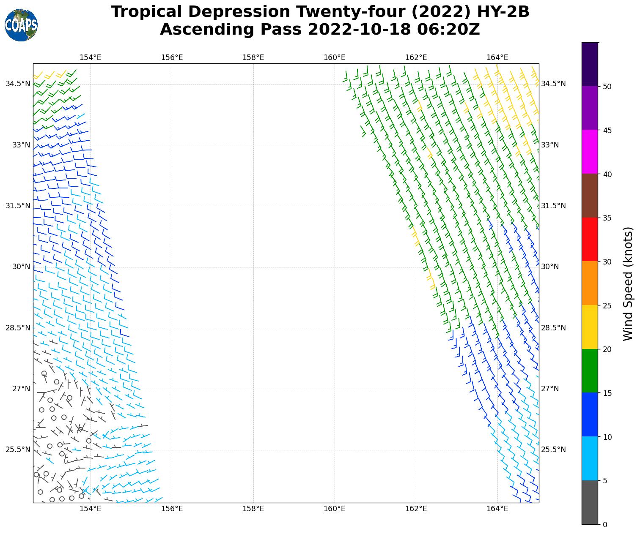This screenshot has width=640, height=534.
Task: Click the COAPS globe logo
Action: pos(21,25)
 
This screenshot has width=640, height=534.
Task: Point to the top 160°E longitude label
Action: pos(335,57)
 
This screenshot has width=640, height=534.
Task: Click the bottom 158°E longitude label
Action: pos(253,509)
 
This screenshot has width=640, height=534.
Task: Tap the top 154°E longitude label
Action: pos(91,57)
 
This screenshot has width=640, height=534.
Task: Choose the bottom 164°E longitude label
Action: pos(497,509)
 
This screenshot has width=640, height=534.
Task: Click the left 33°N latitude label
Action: pos(21,145)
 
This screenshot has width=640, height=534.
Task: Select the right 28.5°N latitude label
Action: pos(553,328)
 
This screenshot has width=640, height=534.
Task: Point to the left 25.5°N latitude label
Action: pos(18,450)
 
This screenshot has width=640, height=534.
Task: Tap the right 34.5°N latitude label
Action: pos(553,84)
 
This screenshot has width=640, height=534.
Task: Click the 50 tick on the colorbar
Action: pos(607,87)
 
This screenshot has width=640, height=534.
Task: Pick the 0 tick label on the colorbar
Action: pos(605,525)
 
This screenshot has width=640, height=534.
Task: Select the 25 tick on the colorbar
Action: pos(607,305)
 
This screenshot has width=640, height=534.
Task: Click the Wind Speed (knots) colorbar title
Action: pos(629,283)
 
